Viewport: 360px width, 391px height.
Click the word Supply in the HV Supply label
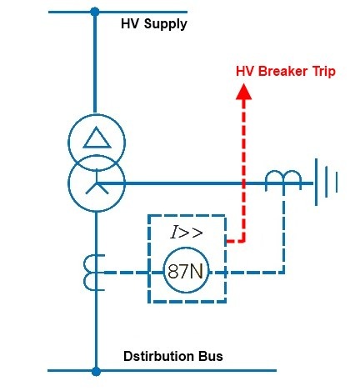pyautogui.click(x=166, y=24)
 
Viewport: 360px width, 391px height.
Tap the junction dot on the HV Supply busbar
pyautogui.click(x=95, y=12)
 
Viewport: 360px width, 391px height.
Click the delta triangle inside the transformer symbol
pyautogui.click(x=97, y=138)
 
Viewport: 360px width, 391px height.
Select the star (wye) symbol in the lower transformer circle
pyautogui.click(x=97, y=182)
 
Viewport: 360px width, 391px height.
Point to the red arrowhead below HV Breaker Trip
pyautogui.click(x=244, y=92)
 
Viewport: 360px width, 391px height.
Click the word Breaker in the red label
pyautogui.click(x=282, y=72)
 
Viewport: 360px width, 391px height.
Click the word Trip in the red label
pyautogui.click(x=324, y=72)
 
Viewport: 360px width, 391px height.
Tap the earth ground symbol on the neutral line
pyautogui.click(x=326, y=182)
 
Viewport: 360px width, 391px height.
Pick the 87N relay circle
pyautogui.click(x=186, y=270)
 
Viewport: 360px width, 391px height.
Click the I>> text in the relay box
pyautogui.click(x=187, y=232)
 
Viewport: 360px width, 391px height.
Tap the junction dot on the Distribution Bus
pyautogui.click(x=96, y=371)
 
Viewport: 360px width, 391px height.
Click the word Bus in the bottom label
pyautogui.click(x=211, y=356)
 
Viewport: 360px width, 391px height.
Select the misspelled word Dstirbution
pyautogui.click(x=159, y=356)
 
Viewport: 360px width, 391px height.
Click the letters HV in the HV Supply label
pyautogui.click(x=130, y=23)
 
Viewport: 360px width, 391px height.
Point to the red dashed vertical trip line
pyautogui.click(x=244, y=171)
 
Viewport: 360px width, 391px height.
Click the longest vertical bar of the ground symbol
pyautogui.click(x=316, y=182)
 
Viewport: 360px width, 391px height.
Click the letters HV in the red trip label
pyautogui.click(x=245, y=72)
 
